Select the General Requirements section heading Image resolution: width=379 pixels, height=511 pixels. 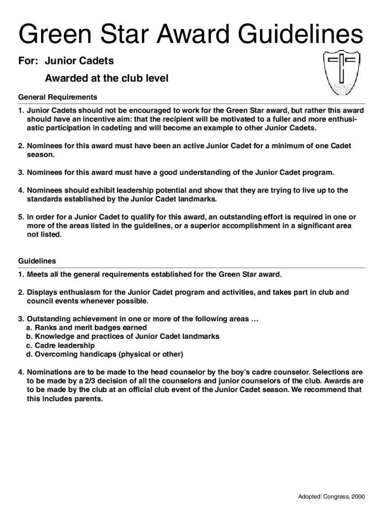tap(57, 97)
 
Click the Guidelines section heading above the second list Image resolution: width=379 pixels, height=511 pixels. tap(37, 261)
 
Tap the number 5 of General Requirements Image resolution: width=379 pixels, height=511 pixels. tap(20, 217)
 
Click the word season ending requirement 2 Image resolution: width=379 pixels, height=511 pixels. tap(40, 155)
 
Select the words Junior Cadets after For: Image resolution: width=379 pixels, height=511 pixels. tap(79, 60)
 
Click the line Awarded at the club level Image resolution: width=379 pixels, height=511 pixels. tap(106, 78)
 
